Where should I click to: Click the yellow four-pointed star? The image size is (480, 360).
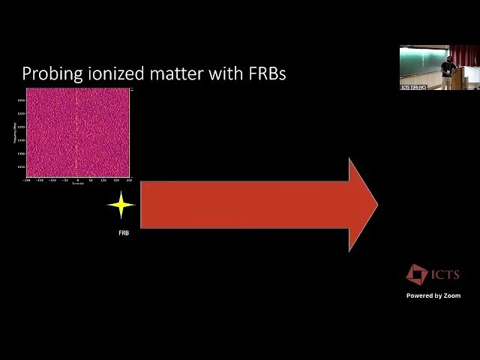[121, 205]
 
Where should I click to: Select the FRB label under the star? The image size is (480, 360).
[124, 233]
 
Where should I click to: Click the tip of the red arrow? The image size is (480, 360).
[376, 205]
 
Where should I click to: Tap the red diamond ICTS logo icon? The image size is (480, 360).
[416, 274]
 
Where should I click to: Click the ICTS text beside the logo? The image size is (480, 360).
[445, 275]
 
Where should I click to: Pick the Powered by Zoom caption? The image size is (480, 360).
[433, 296]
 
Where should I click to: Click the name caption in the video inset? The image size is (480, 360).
[413, 87]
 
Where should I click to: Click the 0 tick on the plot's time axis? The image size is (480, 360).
[77, 181]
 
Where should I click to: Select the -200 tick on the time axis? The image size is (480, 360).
[28, 181]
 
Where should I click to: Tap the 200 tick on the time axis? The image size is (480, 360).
[128, 181]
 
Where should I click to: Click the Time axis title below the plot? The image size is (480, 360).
[77, 184]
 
